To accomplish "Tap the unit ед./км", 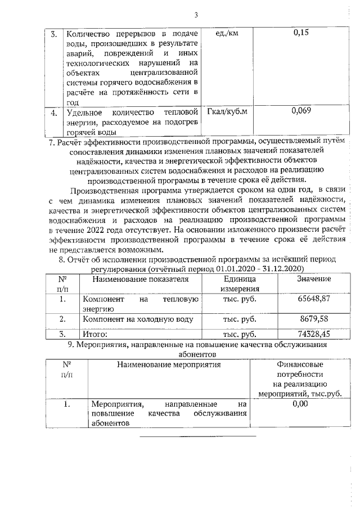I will pos(227,34).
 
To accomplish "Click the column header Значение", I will pos(313,280).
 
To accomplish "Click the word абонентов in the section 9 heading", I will pos(196,355).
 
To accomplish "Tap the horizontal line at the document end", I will pos(197,435).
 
